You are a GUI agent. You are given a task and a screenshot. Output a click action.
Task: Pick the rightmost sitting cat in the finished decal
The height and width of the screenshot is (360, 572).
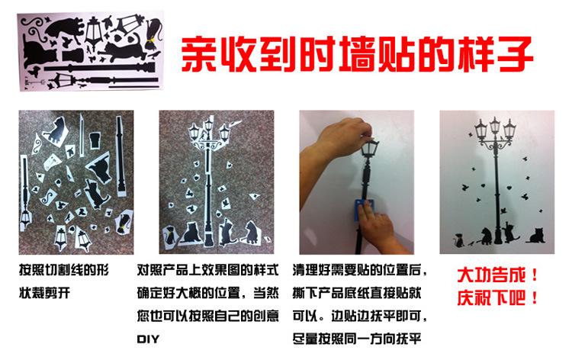tap(540, 236)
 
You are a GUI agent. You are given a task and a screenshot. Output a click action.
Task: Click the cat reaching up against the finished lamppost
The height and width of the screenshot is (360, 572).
tap(509, 227)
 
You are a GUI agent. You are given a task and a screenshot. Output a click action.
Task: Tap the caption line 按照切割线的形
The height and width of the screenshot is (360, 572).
tap(68, 271)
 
